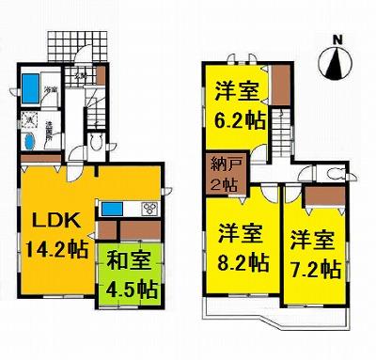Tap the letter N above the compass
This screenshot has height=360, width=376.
pyautogui.click(x=336, y=39)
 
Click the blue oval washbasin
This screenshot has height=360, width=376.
pyautogui.click(x=31, y=142)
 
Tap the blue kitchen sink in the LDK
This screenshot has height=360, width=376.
pyautogui.click(x=114, y=207)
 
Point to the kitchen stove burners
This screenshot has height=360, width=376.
pyautogui.click(x=149, y=208)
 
